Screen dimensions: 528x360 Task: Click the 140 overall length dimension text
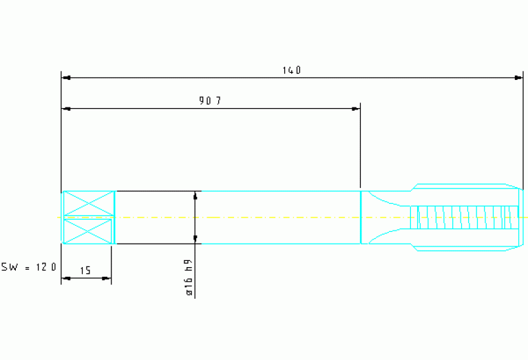[x=292, y=70]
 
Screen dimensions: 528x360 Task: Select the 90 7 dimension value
[x=210, y=100]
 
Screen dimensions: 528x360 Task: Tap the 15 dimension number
[x=85, y=271]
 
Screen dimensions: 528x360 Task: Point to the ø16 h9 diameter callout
[x=189, y=278]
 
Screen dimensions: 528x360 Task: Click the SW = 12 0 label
[x=29, y=267]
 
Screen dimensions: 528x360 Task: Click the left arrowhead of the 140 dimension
[x=67, y=78]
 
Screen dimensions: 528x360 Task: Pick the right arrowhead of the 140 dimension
[x=518, y=78]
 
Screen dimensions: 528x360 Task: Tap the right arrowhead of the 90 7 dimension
[x=355, y=109]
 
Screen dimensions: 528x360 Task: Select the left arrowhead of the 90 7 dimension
[x=67, y=109]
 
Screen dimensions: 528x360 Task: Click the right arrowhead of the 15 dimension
[x=106, y=278]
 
